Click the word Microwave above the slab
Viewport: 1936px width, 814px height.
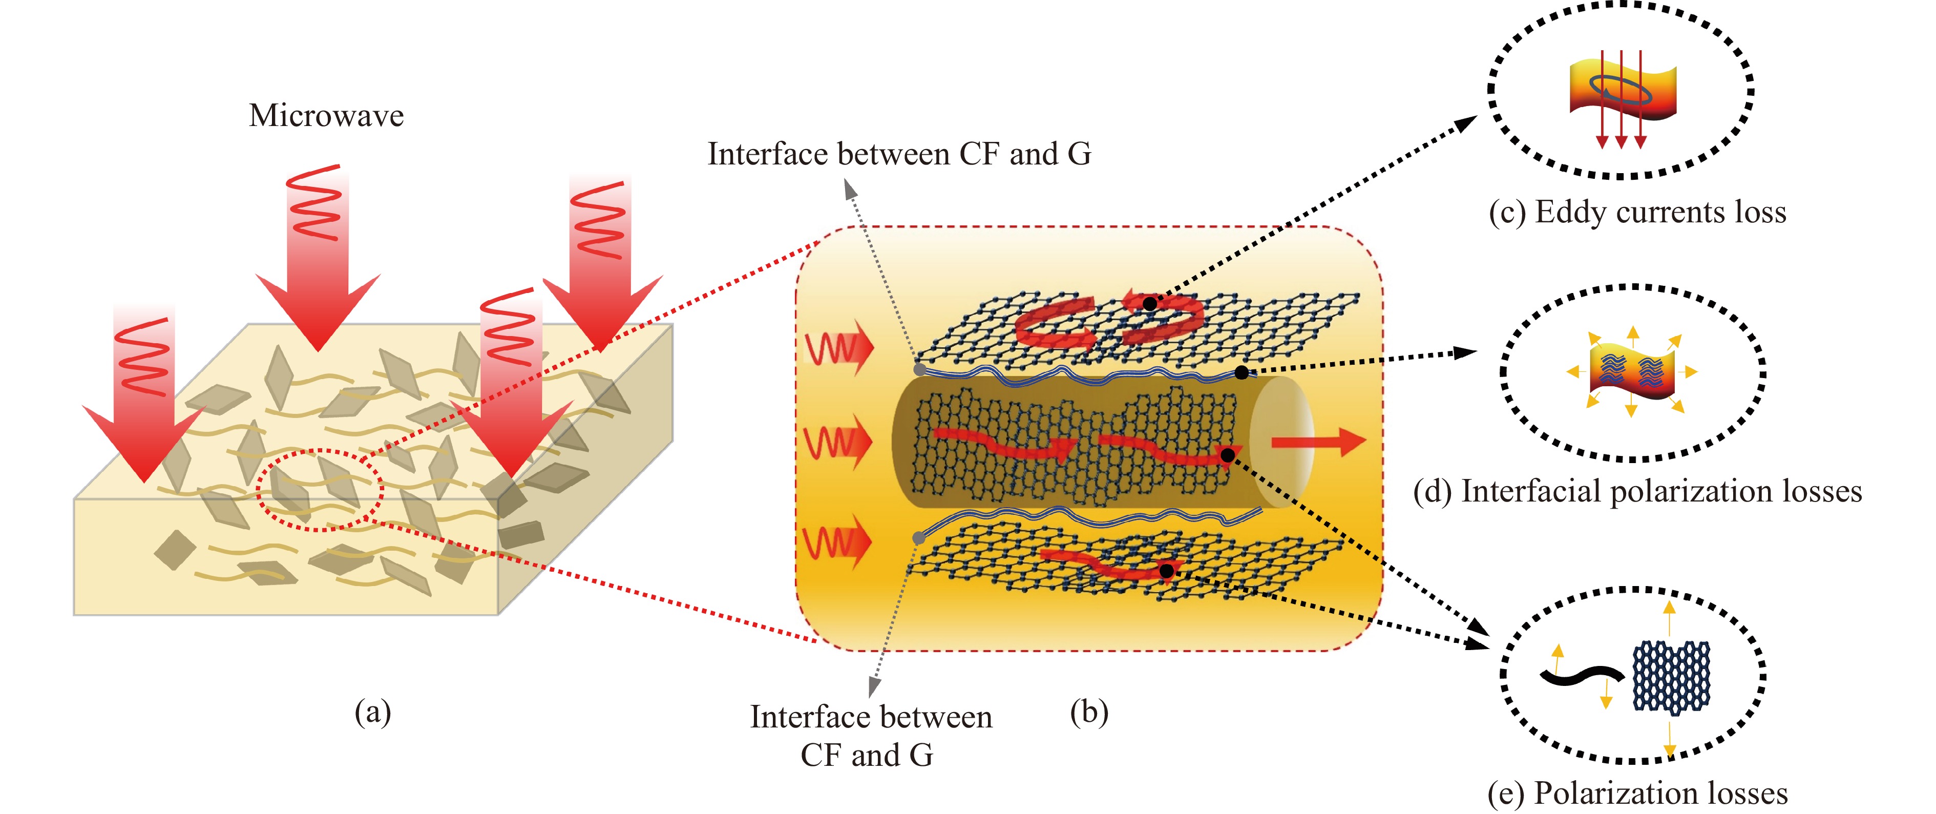(x=326, y=116)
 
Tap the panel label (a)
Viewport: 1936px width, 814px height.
(x=373, y=711)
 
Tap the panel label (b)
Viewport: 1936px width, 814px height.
(x=1089, y=711)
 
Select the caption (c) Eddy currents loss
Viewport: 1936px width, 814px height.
(x=1637, y=213)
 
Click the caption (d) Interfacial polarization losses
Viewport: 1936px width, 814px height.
(x=1637, y=492)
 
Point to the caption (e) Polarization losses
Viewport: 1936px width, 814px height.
(x=1637, y=793)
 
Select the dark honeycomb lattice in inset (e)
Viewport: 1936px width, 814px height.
(x=1671, y=676)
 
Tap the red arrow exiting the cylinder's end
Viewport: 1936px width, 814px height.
(x=1319, y=442)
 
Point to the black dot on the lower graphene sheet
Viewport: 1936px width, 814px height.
(x=1166, y=571)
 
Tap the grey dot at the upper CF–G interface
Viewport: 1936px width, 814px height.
(x=919, y=370)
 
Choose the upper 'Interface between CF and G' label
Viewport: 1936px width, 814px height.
(x=899, y=154)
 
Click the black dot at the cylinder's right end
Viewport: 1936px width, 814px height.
(x=1227, y=455)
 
